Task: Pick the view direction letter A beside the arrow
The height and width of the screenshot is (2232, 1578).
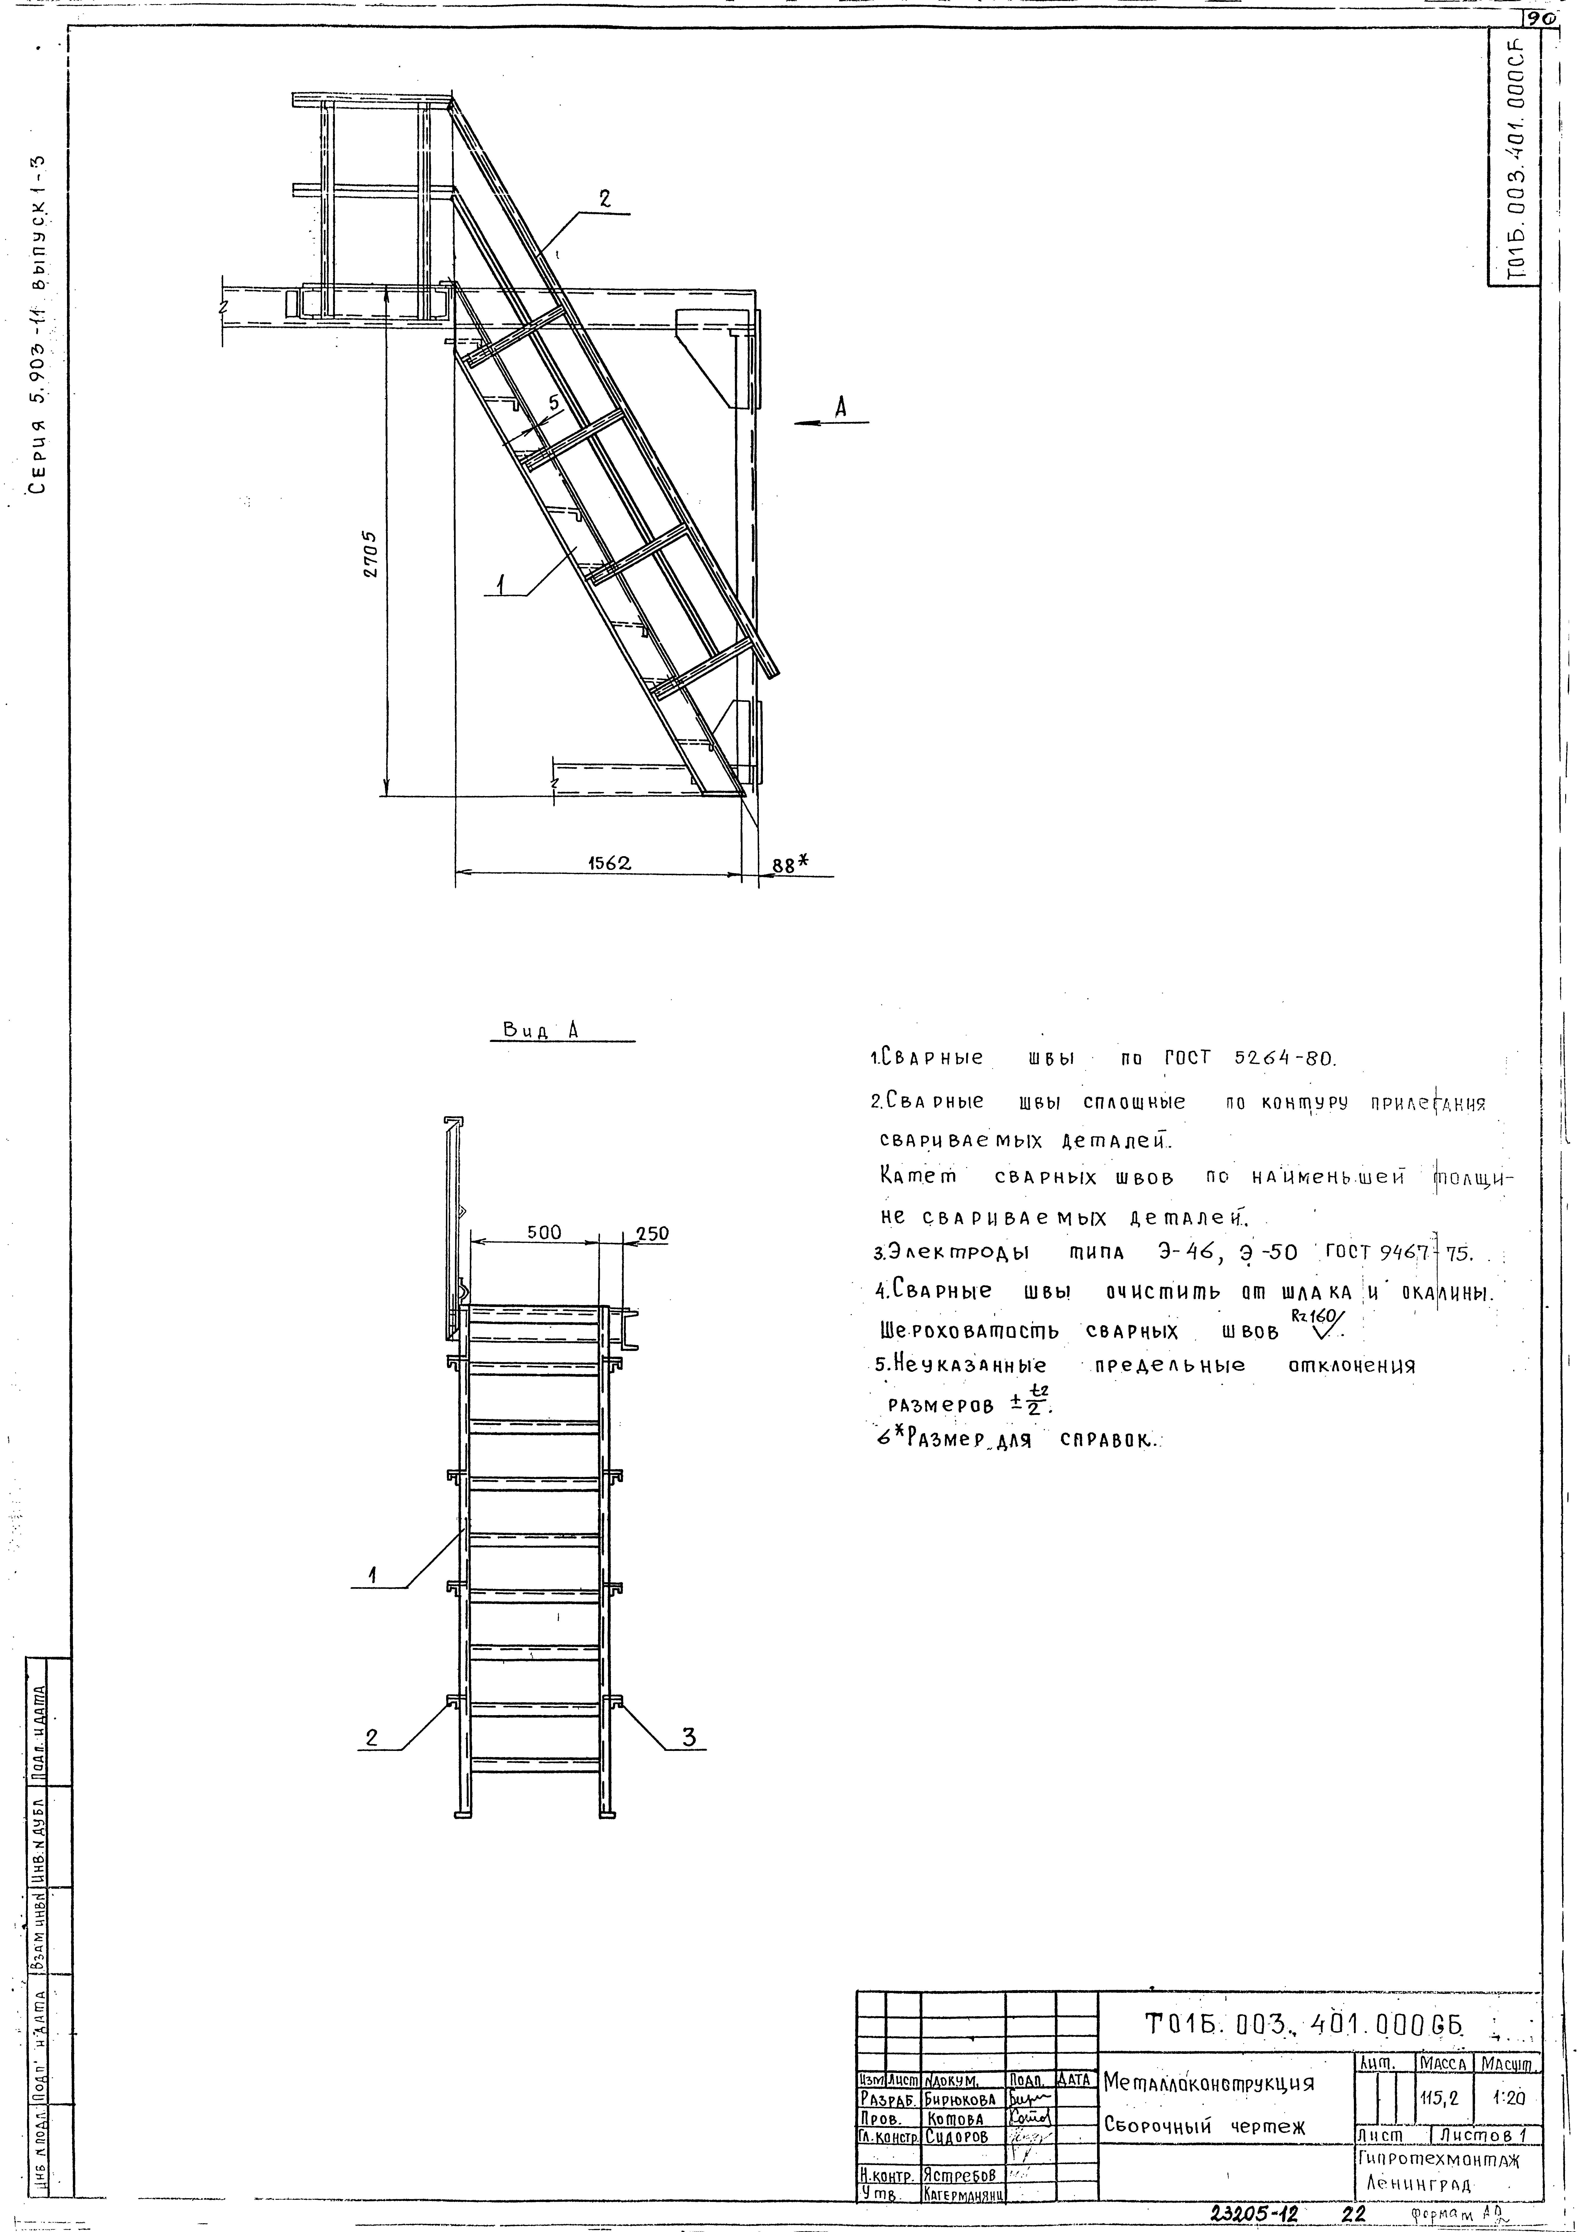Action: click(841, 408)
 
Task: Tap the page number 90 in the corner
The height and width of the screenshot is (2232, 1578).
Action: click(1538, 18)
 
